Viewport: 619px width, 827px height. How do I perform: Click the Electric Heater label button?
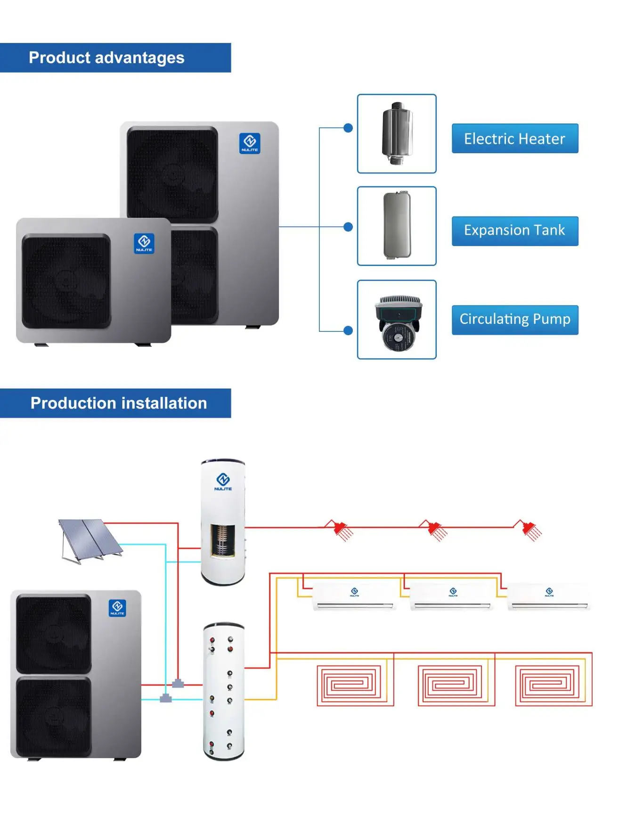tap(514, 139)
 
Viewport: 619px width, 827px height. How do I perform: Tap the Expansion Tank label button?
tap(514, 231)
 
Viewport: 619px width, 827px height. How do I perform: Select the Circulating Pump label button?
tap(514, 320)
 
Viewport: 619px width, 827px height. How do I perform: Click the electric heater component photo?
tap(397, 133)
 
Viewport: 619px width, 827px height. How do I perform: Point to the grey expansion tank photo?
tap(397, 226)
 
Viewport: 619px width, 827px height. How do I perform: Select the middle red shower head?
tap(436, 530)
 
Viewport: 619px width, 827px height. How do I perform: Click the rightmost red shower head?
tap(531, 530)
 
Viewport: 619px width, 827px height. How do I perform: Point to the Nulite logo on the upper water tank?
tap(223, 481)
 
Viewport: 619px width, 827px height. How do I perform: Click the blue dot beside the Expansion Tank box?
tap(348, 227)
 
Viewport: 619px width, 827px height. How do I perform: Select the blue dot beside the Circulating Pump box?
tap(348, 331)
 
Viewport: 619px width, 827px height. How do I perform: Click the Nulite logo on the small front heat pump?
tap(144, 243)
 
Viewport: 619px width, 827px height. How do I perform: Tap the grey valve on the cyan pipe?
tap(165, 698)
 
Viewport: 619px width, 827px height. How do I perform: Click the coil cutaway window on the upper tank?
tap(222, 540)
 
